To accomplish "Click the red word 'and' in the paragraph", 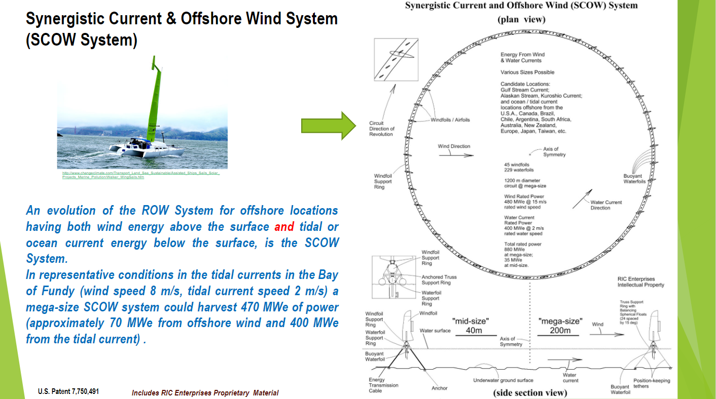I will [x=284, y=226].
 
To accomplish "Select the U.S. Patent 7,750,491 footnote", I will [x=68, y=391].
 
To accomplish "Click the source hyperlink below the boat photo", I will [x=140, y=175].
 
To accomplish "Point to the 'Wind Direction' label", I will [x=454, y=146].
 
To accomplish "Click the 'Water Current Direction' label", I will [x=605, y=205].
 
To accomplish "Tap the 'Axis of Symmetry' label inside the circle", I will [x=554, y=152].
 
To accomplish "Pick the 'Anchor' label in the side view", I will [x=439, y=388].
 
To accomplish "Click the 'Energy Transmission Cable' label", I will [x=383, y=385].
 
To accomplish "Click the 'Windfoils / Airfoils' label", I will [x=450, y=120].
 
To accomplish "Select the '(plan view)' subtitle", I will [x=521, y=20].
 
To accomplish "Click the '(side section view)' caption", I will [x=529, y=392].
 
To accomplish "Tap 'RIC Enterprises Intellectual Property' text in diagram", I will [x=640, y=282].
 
